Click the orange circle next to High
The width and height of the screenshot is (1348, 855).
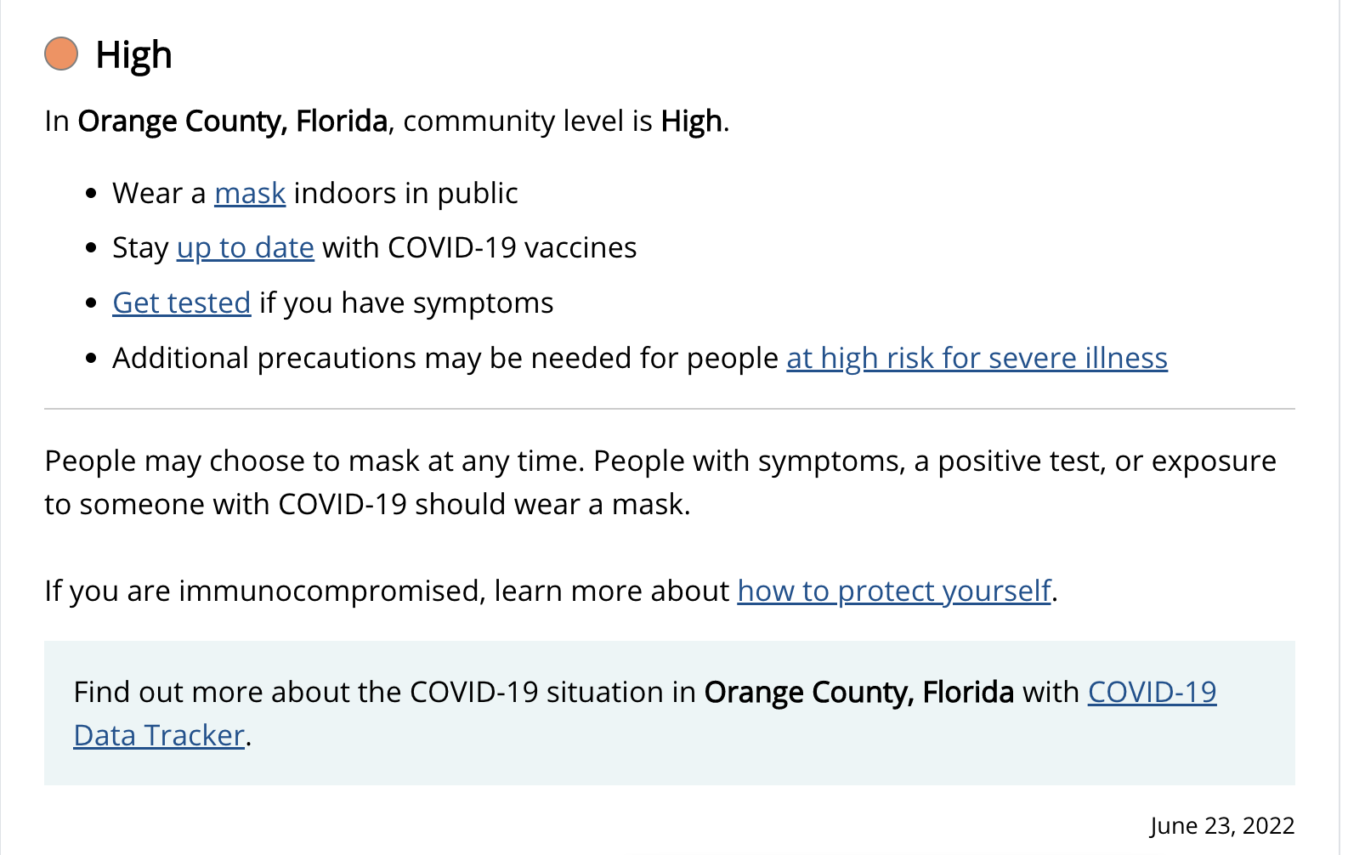tap(61, 54)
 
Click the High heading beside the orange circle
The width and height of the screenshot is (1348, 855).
tap(133, 54)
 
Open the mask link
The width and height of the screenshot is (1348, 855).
tap(250, 193)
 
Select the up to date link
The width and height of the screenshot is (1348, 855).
tap(246, 248)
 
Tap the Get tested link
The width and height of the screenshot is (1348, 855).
tap(182, 303)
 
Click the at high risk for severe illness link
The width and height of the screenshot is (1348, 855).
tap(977, 358)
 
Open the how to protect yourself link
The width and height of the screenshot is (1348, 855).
tap(894, 591)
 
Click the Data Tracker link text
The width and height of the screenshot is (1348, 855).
tap(159, 735)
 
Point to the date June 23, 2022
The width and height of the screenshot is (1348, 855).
tap(1222, 825)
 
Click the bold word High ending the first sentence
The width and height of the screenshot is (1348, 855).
tap(692, 121)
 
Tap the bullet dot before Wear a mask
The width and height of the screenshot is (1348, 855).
tap(92, 194)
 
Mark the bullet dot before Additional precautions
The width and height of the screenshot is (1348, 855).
tap(92, 359)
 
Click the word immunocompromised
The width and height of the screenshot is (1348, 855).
tap(332, 591)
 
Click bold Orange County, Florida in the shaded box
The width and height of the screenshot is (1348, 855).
tap(859, 692)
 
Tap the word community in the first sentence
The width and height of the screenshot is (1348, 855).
tap(479, 122)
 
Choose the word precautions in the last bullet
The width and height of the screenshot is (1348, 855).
tap(337, 359)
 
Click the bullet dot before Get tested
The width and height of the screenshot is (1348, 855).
tap(92, 303)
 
